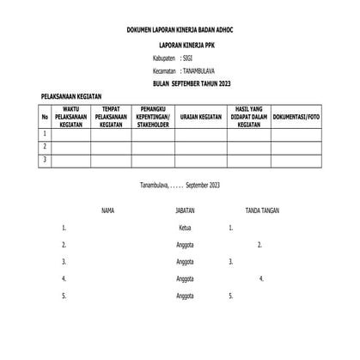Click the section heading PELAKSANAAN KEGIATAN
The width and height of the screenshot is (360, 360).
coord(73,98)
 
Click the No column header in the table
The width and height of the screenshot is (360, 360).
coord(45,117)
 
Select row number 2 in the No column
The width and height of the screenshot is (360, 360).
coord(45,146)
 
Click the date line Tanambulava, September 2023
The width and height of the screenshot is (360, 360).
coord(180,186)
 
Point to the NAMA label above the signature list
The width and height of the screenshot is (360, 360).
coord(108,209)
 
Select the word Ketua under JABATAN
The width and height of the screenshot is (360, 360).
coord(184,228)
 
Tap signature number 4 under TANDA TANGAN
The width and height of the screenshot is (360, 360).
coord(260,278)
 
